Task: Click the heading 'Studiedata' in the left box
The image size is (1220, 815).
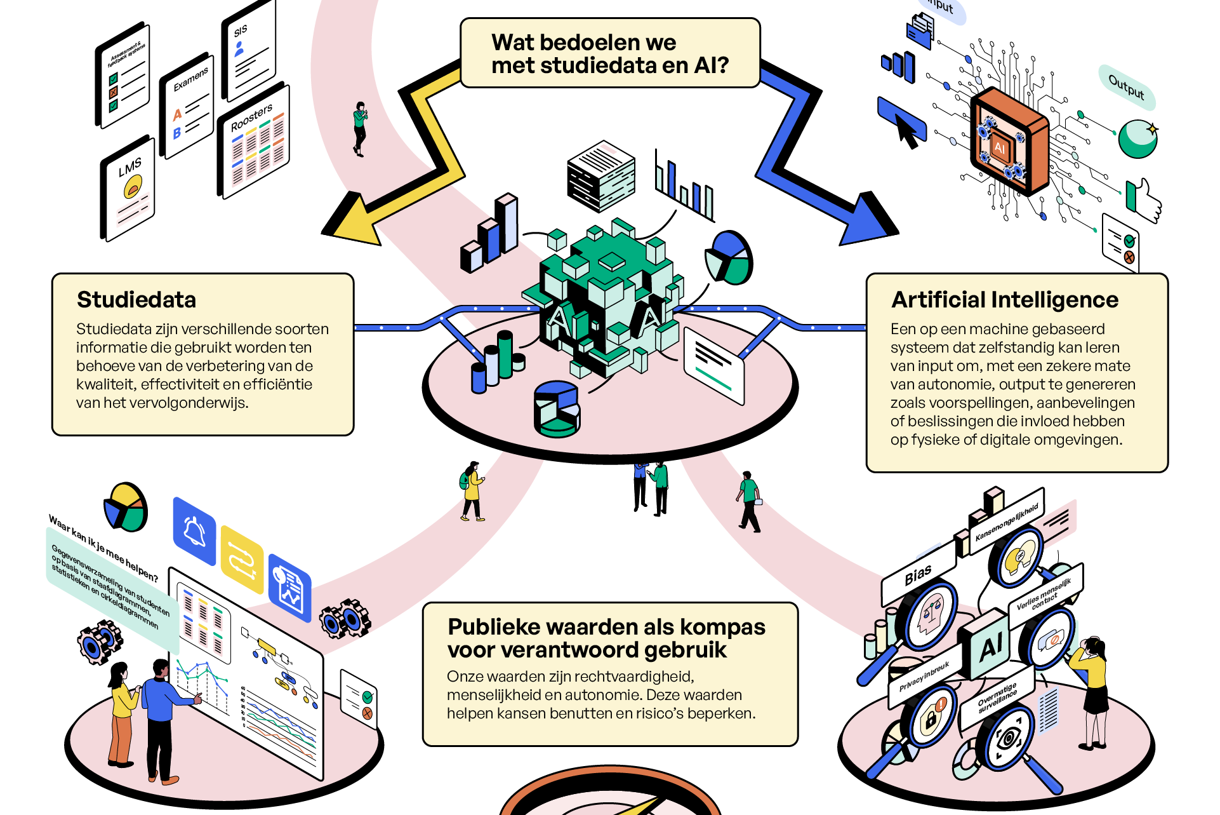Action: click(x=136, y=300)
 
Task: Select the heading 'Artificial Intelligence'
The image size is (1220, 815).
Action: click(x=1004, y=300)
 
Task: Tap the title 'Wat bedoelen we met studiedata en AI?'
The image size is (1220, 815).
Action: click(x=609, y=53)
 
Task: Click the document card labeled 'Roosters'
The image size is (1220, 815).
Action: click(x=254, y=143)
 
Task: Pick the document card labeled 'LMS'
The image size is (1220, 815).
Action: click(x=129, y=191)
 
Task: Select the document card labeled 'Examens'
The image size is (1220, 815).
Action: click(x=188, y=105)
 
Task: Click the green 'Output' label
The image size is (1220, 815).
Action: click(x=1127, y=86)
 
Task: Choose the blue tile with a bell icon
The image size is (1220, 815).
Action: click(x=194, y=531)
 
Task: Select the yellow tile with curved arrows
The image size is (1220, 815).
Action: click(x=242, y=560)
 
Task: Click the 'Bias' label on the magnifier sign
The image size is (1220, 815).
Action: click(x=918, y=575)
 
